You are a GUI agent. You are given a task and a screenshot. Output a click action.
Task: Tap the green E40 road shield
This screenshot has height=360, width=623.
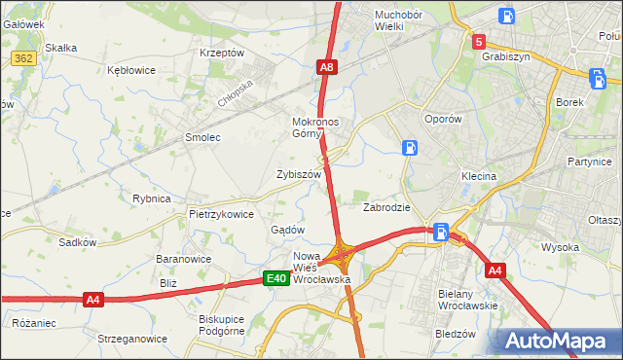(x=276, y=279)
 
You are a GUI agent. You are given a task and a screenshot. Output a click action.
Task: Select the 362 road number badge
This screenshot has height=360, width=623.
(x=25, y=59)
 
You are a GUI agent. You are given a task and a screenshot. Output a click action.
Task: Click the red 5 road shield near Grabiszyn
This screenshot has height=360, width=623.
(x=479, y=42)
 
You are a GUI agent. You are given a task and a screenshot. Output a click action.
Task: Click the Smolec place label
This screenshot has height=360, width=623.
(x=202, y=137)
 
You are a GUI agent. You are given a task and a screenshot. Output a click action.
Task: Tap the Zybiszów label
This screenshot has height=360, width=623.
(x=298, y=174)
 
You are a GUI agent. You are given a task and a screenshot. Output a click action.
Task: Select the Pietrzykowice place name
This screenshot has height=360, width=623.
(x=221, y=214)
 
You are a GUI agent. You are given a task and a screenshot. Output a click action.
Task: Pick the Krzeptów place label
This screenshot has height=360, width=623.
(x=221, y=53)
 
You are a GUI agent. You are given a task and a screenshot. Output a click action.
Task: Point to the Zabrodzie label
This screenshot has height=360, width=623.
(x=386, y=207)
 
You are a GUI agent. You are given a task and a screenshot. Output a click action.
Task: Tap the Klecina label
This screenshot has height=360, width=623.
(x=479, y=176)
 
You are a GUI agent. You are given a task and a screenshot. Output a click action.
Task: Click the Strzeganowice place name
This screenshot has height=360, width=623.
(x=126, y=339)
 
